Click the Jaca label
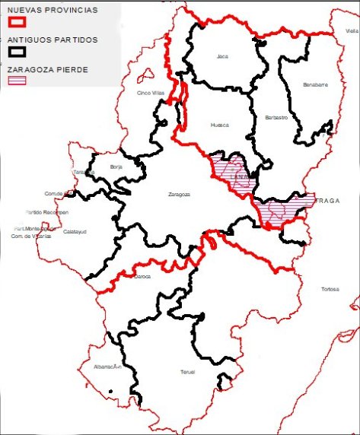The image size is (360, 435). click(x=222, y=56)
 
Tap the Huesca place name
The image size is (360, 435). click(x=219, y=125)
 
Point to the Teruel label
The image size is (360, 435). click(x=187, y=372)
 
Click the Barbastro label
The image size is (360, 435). click(x=277, y=118)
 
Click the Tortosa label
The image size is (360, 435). click(x=330, y=290)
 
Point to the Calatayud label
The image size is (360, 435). click(x=74, y=231)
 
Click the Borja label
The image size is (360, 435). click(x=116, y=166)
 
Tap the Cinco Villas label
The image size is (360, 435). click(x=150, y=94)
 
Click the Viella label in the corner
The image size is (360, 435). click(x=351, y=31)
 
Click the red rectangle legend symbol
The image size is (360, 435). click(x=17, y=22)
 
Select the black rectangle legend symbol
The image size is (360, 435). click(x=17, y=51)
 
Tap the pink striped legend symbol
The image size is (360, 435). click(x=17, y=79)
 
